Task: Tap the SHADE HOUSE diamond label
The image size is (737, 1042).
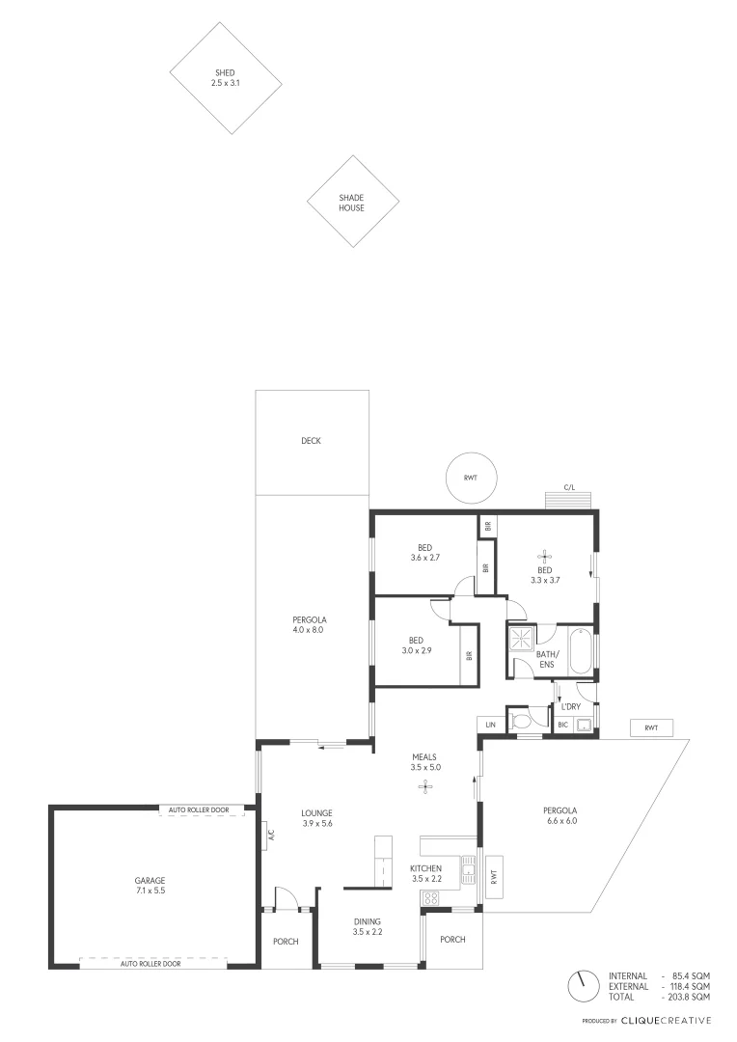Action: [352, 203]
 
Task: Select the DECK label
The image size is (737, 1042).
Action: [311, 441]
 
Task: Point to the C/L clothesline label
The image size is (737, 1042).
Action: [570, 488]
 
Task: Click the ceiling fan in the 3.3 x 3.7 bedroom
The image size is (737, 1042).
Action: [545, 556]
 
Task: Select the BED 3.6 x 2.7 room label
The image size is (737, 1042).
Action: [425, 552]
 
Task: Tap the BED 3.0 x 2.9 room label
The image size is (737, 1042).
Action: [417, 645]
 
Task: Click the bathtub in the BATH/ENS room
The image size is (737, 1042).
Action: [580, 651]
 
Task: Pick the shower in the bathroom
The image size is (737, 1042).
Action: [522, 638]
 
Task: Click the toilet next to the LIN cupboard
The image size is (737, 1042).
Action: [522, 722]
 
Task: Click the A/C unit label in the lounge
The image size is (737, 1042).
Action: [271, 835]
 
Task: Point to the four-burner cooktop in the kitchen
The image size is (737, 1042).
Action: [430, 898]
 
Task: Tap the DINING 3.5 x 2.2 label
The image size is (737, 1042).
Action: [368, 926]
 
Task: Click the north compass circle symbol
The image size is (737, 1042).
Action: [581, 985]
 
